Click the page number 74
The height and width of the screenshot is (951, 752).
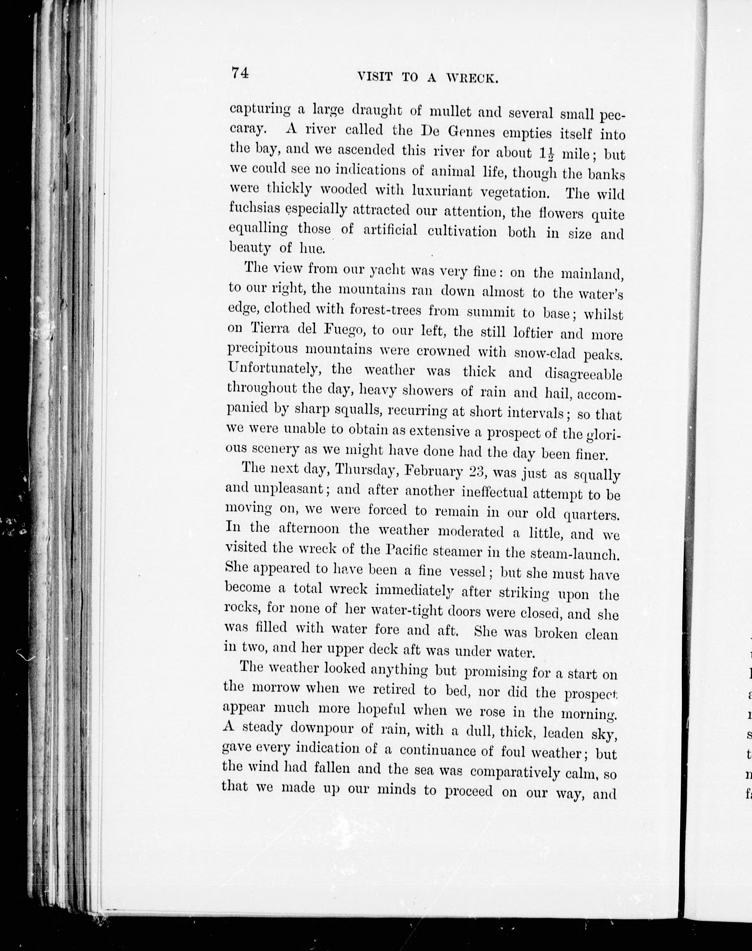(x=240, y=72)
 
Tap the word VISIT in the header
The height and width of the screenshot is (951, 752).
(x=375, y=77)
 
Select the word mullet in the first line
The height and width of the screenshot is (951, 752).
(x=450, y=111)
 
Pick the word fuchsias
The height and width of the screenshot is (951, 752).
(x=254, y=208)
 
